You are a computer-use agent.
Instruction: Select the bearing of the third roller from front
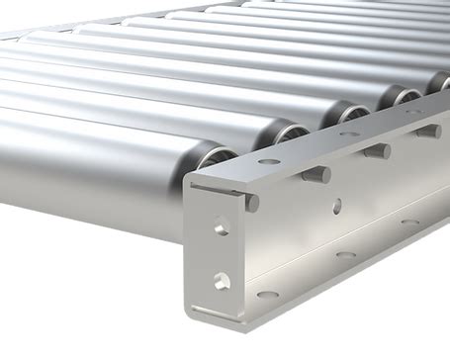coord(346,114)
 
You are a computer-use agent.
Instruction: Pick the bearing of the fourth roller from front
coord(401,96)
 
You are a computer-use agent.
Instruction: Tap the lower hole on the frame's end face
coord(222,281)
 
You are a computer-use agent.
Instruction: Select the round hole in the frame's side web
coord(337,206)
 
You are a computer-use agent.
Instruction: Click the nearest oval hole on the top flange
coord(269,161)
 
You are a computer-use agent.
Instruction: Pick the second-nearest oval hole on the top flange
coord(349,134)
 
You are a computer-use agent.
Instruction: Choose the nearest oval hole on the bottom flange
coord(268,294)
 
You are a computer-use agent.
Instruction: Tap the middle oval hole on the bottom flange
coord(345,254)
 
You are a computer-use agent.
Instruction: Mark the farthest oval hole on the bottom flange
coord(410,224)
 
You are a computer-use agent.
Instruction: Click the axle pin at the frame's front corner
coord(251,203)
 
